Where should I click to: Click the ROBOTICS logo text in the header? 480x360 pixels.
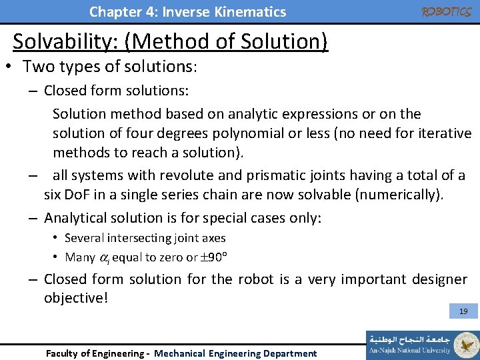[x=446, y=11]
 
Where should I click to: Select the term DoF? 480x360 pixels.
[x=80, y=195]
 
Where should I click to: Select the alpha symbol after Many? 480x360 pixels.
[x=103, y=258]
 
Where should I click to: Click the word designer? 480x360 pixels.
[x=435, y=279]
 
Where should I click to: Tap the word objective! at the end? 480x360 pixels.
[x=75, y=297]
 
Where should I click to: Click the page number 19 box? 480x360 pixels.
[x=463, y=311]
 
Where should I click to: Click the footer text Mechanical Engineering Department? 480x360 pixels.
[x=235, y=353]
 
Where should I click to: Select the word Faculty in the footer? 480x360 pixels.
[x=63, y=353]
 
